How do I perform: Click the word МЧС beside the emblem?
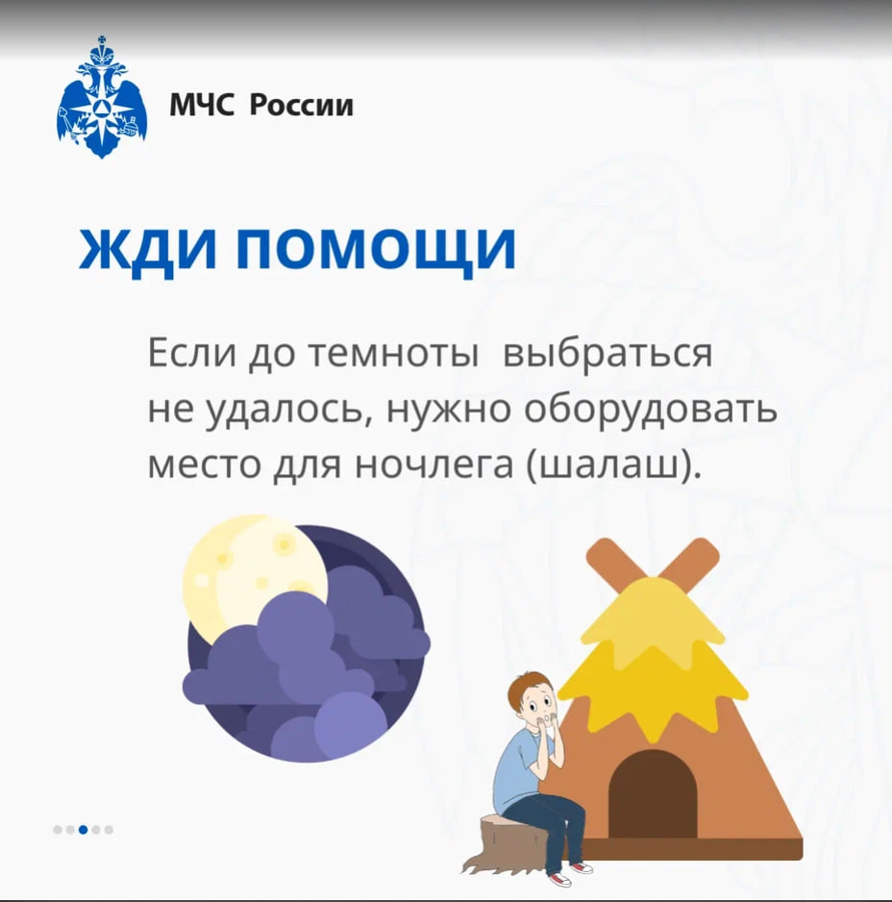pyautogui.click(x=202, y=105)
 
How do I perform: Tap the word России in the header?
pyautogui.click(x=302, y=105)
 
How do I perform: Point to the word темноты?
pyautogui.click(x=394, y=353)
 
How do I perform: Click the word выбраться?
pyautogui.click(x=607, y=353)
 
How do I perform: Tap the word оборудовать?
pyautogui.click(x=651, y=410)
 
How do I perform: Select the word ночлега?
pyautogui.click(x=434, y=466)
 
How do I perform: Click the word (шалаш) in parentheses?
pyautogui.click(x=614, y=466)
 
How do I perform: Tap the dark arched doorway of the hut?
pyautogui.click(x=652, y=795)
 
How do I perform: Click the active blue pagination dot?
pyautogui.click(x=83, y=830)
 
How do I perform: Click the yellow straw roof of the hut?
pyautogui.click(x=653, y=656)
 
